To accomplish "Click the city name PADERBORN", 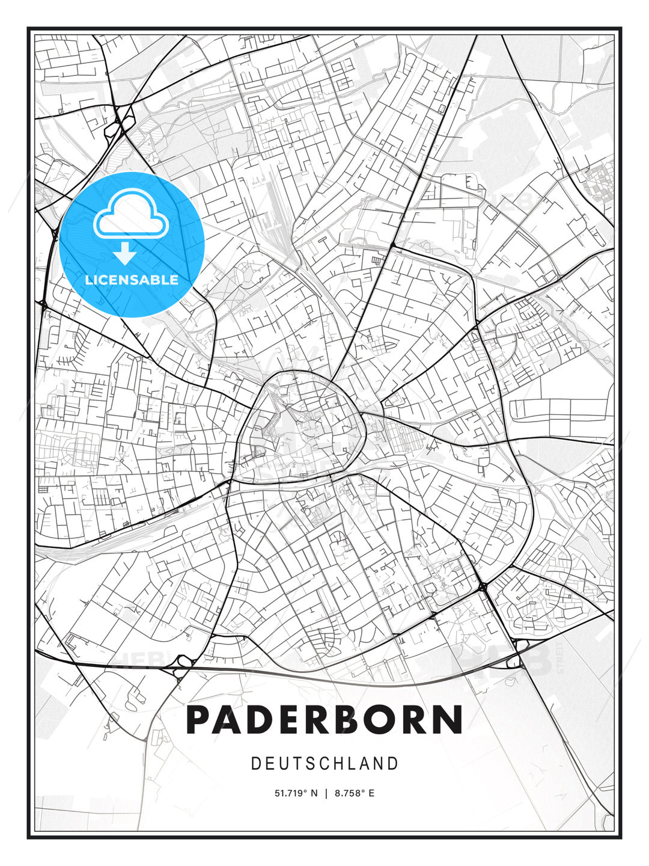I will coord(324,720).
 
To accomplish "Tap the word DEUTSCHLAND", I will coord(324,764).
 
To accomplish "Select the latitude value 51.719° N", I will coord(296,793).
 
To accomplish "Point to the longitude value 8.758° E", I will coord(355,793).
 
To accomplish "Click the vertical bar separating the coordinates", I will coord(326,793).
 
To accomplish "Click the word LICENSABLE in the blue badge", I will coord(132,280).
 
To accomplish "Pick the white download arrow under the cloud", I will coord(125,254).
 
